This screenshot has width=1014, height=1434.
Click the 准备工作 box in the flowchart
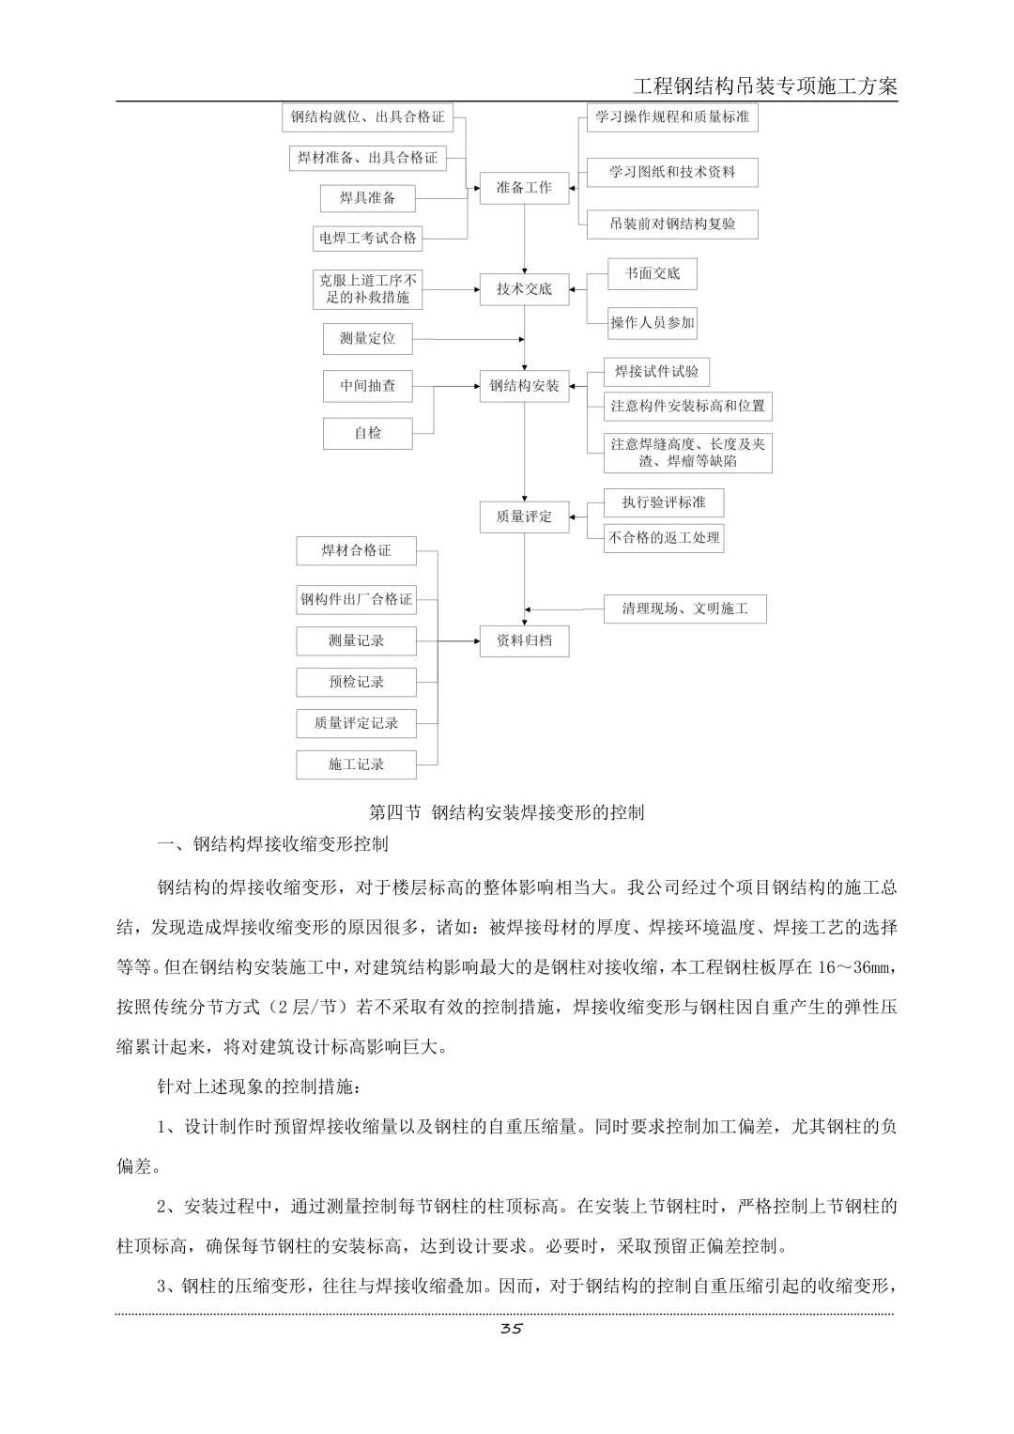524,188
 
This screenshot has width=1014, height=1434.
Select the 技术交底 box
524,289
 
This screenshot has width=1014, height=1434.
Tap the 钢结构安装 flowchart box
524,385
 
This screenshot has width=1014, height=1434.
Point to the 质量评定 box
524,517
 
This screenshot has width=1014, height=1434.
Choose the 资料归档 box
524,640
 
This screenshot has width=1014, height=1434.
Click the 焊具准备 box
367,198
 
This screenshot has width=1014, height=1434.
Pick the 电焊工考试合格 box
367,239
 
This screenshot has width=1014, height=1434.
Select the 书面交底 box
653,274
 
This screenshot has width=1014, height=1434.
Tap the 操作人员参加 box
653,323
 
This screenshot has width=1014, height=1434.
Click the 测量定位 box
367,338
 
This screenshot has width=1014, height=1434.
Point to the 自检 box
367,433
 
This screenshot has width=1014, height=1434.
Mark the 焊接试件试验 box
656,372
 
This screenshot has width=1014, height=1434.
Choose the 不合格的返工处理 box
664,538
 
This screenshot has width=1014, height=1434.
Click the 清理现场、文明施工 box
684,609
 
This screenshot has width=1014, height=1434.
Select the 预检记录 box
356,682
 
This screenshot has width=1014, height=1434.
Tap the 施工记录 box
356,764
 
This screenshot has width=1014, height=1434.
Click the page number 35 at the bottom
511,1328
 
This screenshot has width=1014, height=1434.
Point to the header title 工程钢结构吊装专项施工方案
765,86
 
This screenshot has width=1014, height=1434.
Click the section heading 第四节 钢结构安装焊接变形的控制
507,812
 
